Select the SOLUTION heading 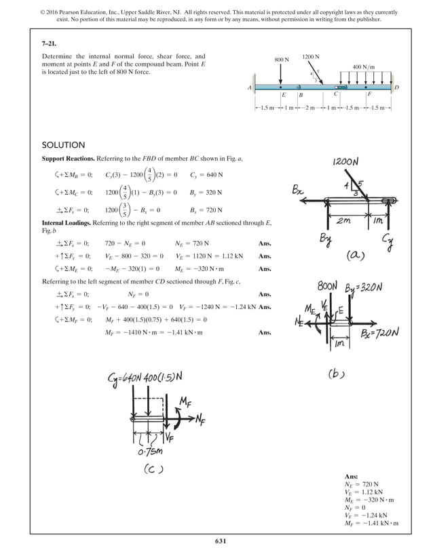63,145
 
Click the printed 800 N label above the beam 282,60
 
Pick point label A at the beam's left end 250,87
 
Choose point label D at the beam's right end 396,87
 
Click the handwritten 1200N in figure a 346,163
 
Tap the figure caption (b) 339,373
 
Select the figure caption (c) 155,468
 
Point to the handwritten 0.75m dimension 149,450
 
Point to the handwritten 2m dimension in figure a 343,220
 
